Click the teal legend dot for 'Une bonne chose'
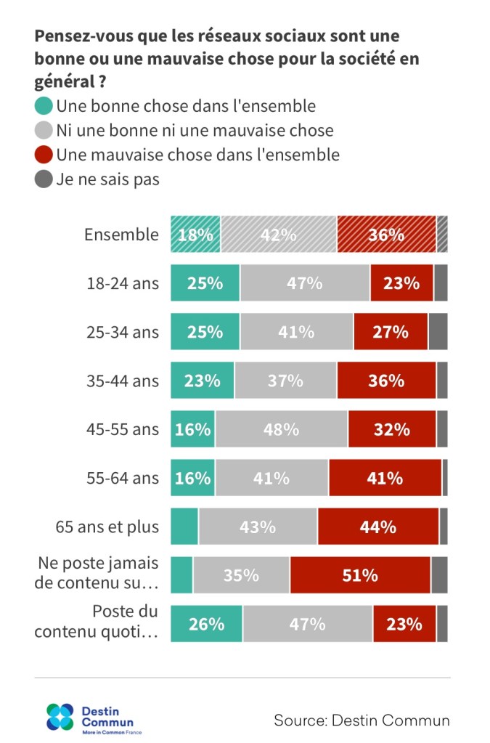[x=44, y=106]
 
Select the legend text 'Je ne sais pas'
[x=108, y=179]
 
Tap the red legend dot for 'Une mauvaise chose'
[x=44, y=155]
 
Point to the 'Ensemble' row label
[x=121, y=235]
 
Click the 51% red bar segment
[x=360, y=575]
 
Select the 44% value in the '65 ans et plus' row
[x=377, y=527]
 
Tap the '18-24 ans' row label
[x=122, y=283]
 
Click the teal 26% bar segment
[x=206, y=624]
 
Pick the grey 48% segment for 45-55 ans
[x=281, y=429]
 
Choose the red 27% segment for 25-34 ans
[x=391, y=332]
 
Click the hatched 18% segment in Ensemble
[x=195, y=235]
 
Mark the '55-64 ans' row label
[x=122, y=478]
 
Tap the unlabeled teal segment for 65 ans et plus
[x=184, y=527]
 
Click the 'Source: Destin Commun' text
[x=362, y=720]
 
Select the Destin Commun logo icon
[x=60, y=717]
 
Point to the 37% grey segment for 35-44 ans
[x=285, y=381]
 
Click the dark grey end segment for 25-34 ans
[x=438, y=332]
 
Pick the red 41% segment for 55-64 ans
[x=385, y=478]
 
